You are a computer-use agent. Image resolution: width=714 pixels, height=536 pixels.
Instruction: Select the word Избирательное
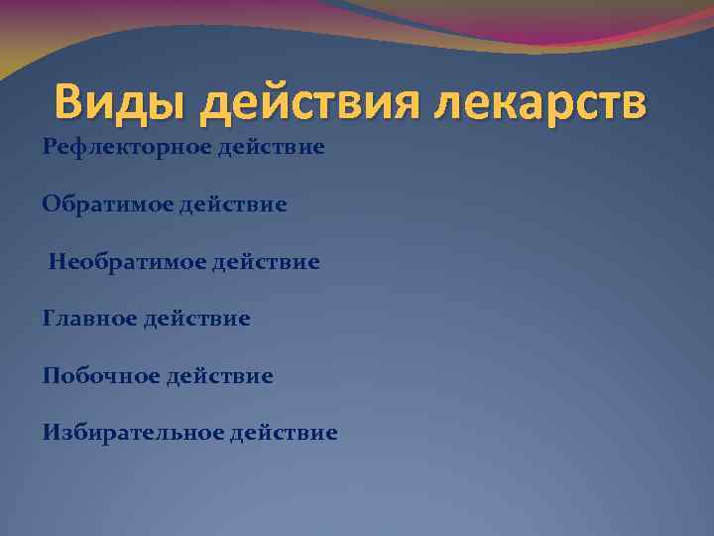coord(132,433)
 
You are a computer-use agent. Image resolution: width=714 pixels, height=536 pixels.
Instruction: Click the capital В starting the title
coord(70,102)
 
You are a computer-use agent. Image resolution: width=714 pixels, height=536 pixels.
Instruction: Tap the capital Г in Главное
coord(49,319)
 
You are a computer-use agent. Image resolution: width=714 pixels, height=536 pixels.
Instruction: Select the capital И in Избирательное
coord(51,433)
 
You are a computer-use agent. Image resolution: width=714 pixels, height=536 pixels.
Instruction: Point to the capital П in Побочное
coord(50,376)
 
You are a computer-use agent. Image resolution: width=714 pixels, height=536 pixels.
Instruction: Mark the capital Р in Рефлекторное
coord(49,148)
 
